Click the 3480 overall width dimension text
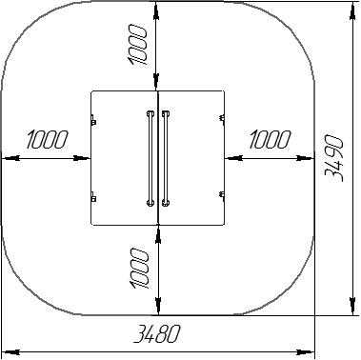pyautogui.click(x=157, y=333)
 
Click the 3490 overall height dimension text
pyautogui.click(x=334, y=158)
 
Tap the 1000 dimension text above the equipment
pyautogui.click(x=137, y=46)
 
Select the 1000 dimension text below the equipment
pyautogui.click(x=139, y=269)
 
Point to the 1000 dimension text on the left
pyautogui.click(x=48, y=139)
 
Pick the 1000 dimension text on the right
pyautogui.click(x=270, y=139)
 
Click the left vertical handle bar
pyautogui.click(x=150, y=158)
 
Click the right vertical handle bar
pyautogui.click(x=165, y=158)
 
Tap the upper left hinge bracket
pyautogui.click(x=93, y=120)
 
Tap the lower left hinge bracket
pyautogui.click(x=93, y=197)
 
